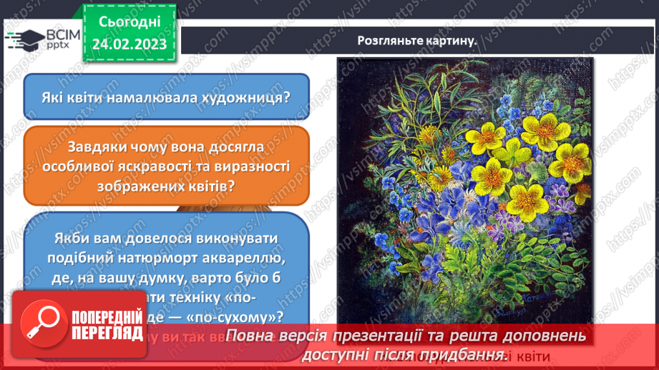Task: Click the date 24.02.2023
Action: (129, 44)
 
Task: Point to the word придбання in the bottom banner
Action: (462, 354)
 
